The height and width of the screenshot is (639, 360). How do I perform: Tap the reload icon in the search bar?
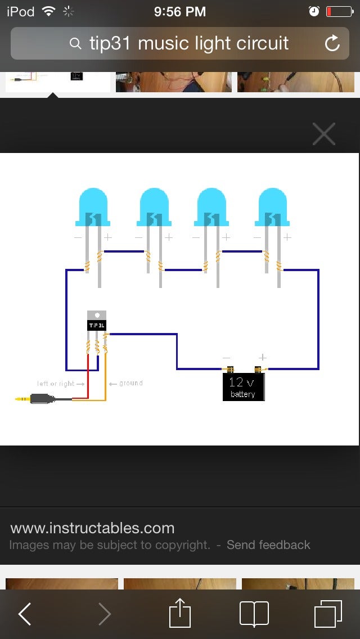coord(332,43)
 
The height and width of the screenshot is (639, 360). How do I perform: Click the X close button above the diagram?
coord(323,134)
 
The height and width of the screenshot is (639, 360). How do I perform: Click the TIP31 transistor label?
coord(97,325)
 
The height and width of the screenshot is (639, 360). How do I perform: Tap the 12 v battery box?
coord(243,388)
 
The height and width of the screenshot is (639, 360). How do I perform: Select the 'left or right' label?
coord(56,384)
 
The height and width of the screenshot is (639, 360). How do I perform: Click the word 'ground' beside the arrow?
coord(130,383)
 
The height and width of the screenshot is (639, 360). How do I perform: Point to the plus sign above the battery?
coord(262,357)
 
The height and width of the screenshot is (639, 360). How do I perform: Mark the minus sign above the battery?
coord(226,357)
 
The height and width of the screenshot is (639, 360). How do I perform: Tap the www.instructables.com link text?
coord(92,528)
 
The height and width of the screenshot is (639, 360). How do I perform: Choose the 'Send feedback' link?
coord(268,544)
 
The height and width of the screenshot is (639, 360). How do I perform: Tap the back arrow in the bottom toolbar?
coord(25,614)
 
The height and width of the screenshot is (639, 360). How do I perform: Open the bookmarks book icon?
coord(254,614)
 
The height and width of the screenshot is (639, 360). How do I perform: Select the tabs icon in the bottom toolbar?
coord(327,614)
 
